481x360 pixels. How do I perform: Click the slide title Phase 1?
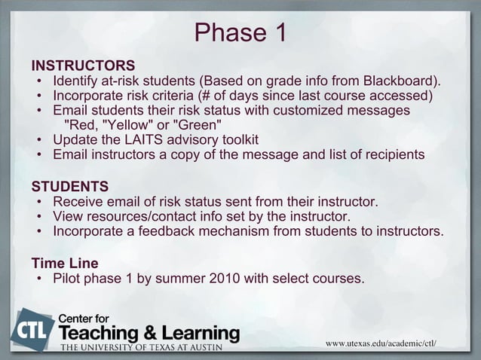point(240,32)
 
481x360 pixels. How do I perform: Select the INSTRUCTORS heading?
point(83,65)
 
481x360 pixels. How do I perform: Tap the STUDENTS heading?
point(69,186)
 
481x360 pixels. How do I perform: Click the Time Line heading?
point(64,264)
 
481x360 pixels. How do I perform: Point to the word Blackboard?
point(400,81)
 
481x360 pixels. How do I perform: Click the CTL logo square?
point(32,329)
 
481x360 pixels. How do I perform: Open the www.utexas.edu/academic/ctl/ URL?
point(381,344)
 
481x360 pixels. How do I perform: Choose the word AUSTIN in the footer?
point(216,348)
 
